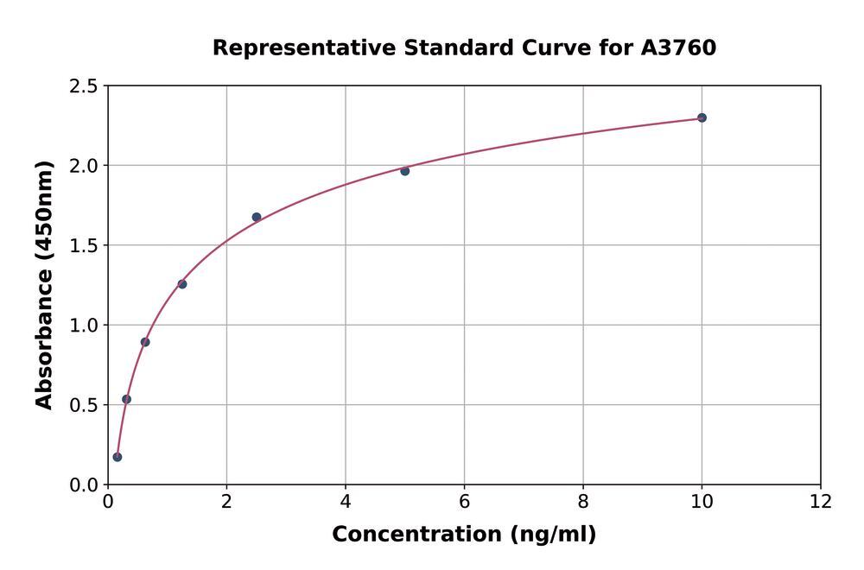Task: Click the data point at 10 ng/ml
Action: (702, 117)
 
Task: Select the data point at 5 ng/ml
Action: (404, 171)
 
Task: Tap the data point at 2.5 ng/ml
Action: (257, 217)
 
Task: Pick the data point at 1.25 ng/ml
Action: (182, 284)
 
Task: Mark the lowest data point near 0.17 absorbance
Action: (118, 457)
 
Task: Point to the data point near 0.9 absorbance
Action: (145, 342)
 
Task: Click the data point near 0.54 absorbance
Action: (126, 399)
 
